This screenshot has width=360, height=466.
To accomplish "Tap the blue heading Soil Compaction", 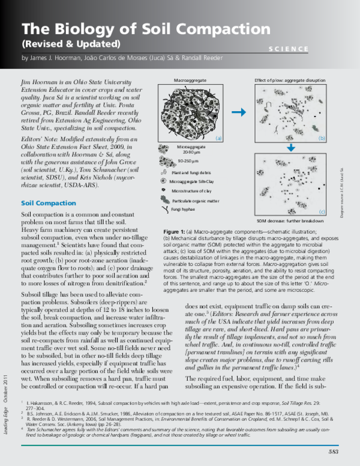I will pyautogui.click(x=48, y=204).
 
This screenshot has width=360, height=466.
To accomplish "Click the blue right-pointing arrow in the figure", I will pyautogui.click(x=238, y=112).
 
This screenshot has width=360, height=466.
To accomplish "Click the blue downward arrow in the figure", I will pyautogui.click(x=290, y=148).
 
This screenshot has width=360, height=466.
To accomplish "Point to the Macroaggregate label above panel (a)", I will pyautogui.click(x=189, y=79).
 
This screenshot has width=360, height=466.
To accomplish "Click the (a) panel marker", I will pyautogui.click(x=218, y=138).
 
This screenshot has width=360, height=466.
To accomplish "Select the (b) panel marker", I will pyautogui.click(x=322, y=138).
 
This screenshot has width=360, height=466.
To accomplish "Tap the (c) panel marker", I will pyautogui.click(x=322, y=211).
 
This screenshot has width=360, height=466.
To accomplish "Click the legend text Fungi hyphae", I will pyautogui.click(x=182, y=209).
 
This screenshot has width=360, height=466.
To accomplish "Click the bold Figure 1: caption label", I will pyautogui.click(x=176, y=231).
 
